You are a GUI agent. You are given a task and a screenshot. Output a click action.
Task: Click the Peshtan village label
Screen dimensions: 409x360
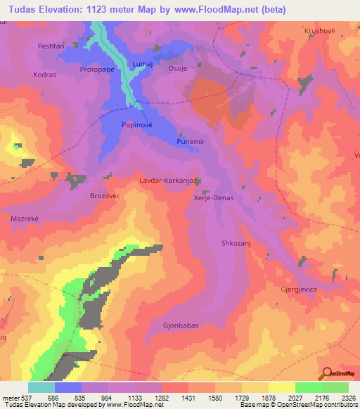[51, 46]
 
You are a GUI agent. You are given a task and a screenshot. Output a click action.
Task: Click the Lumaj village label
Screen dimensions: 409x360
[143, 64]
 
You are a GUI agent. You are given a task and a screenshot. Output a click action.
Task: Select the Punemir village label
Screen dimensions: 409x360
[190, 142]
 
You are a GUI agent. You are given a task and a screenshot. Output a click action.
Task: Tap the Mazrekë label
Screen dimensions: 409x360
[25, 219]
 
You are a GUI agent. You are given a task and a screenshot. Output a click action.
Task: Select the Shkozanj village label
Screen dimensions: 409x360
[229, 244]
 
